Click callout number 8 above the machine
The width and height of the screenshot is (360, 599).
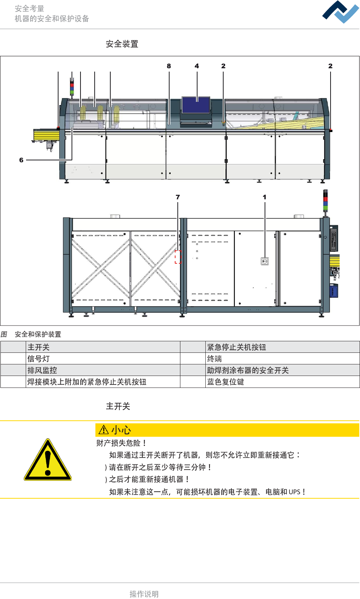click(169, 66)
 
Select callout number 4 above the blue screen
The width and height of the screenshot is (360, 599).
click(197, 66)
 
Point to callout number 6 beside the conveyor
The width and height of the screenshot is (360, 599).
click(21, 160)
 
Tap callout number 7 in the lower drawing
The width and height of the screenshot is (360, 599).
click(178, 197)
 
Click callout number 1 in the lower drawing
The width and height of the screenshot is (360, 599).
click(265, 197)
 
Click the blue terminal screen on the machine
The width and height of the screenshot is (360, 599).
click(196, 105)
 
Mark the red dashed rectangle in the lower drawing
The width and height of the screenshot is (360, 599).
click(178, 257)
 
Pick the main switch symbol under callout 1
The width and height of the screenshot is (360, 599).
click(265, 261)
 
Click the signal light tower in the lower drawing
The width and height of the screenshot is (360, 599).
click(325, 201)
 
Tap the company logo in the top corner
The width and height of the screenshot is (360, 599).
click(340, 12)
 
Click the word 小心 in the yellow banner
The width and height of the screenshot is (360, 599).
click(121, 430)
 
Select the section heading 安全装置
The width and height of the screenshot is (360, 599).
click(122, 44)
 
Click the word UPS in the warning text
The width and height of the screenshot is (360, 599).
click(294, 492)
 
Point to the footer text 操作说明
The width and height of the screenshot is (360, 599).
click(144, 594)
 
